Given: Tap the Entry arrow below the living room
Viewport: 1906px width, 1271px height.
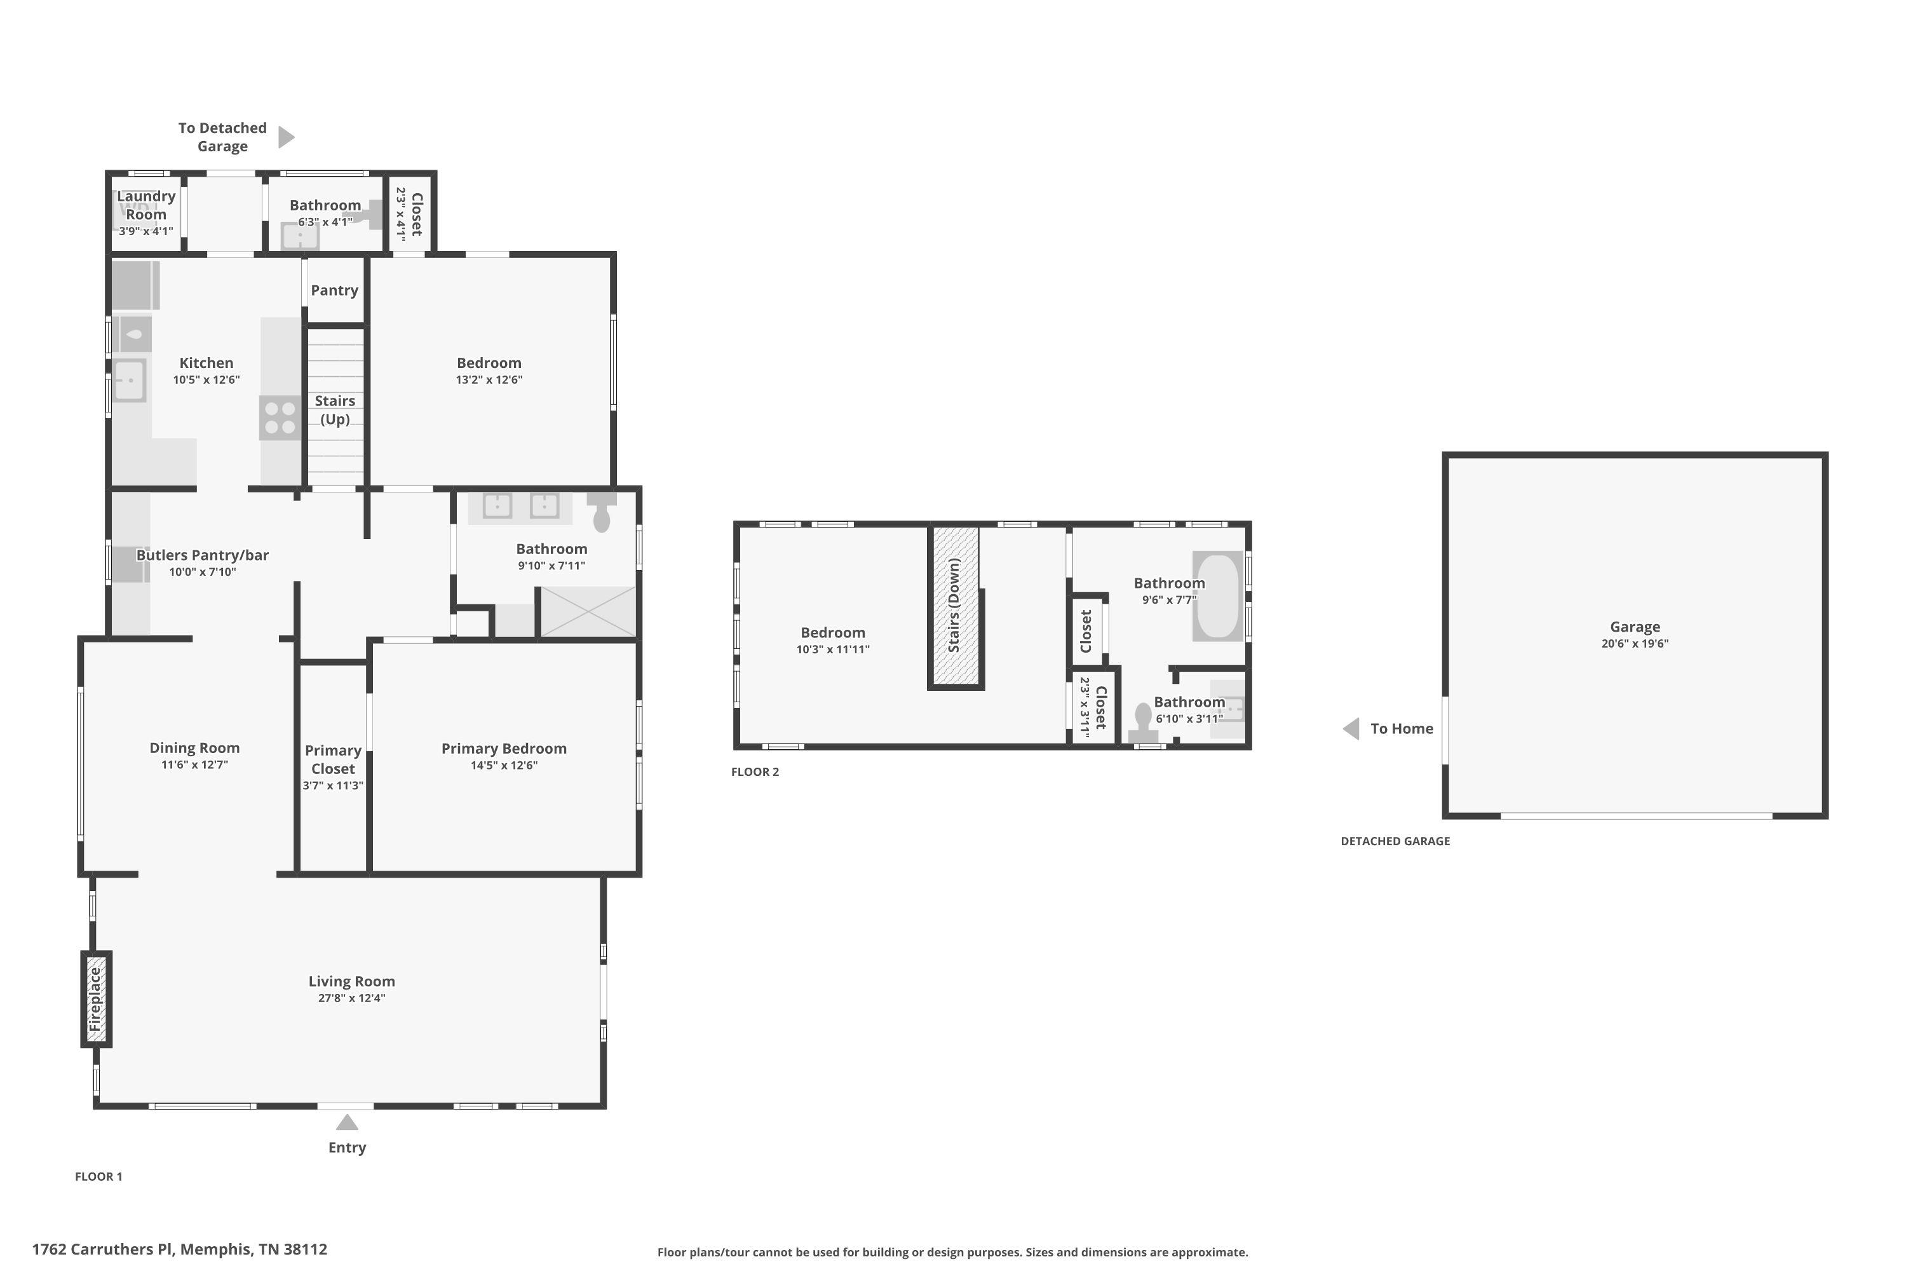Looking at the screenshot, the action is click(347, 1123).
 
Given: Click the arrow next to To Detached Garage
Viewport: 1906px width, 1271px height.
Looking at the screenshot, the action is click(286, 137).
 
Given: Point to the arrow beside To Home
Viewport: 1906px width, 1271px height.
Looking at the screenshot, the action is click(1351, 729).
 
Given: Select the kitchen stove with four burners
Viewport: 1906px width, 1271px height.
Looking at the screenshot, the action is click(280, 418).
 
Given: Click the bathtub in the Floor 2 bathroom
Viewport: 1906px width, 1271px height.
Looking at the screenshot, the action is click(1218, 597).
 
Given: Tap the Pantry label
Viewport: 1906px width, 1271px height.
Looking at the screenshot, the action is click(335, 290).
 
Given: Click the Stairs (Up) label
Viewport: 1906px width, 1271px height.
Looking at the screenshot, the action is click(335, 410).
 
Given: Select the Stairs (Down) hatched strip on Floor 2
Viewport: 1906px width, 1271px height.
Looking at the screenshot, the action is click(956, 606).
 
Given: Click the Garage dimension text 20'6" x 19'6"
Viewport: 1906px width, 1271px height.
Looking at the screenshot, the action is click(1635, 644).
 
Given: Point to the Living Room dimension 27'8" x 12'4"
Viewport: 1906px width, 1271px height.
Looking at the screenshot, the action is click(352, 998).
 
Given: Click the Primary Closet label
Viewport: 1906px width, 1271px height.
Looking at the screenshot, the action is click(333, 759).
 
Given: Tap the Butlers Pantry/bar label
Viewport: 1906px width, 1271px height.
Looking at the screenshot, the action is click(203, 555).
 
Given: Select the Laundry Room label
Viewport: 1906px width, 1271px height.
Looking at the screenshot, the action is click(146, 205).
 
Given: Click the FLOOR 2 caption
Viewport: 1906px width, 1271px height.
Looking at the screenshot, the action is click(755, 771).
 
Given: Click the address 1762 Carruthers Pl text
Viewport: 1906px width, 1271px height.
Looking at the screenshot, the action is click(103, 1249).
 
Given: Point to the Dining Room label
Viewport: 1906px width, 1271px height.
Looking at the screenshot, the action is click(194, 748).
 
